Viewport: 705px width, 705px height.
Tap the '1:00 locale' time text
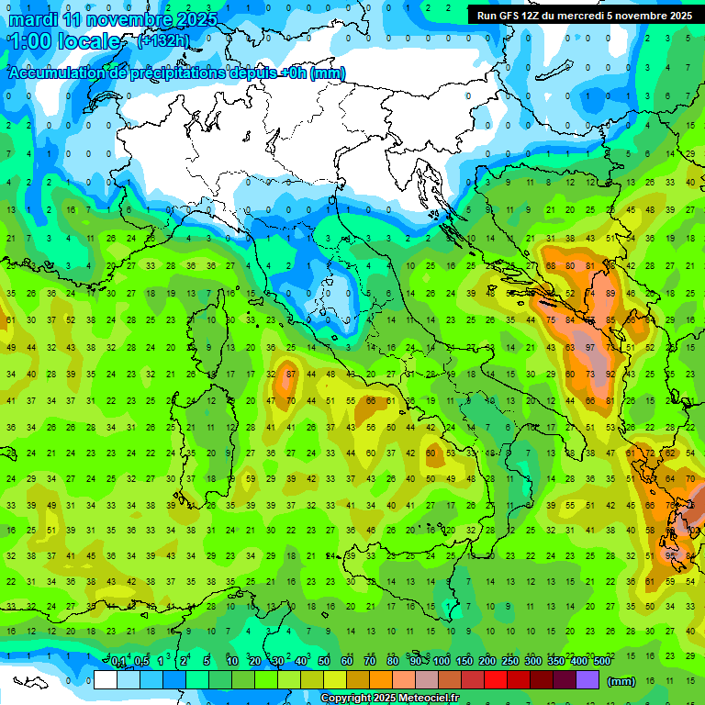63,42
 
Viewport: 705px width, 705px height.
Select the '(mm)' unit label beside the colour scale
621,681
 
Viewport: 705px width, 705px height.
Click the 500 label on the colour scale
602,662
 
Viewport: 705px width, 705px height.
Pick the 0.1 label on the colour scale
118,662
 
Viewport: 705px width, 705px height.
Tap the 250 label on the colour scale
510,662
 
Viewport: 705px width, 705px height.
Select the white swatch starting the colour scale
106,680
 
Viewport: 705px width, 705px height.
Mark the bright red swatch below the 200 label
496,680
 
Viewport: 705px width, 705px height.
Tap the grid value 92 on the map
610,374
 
